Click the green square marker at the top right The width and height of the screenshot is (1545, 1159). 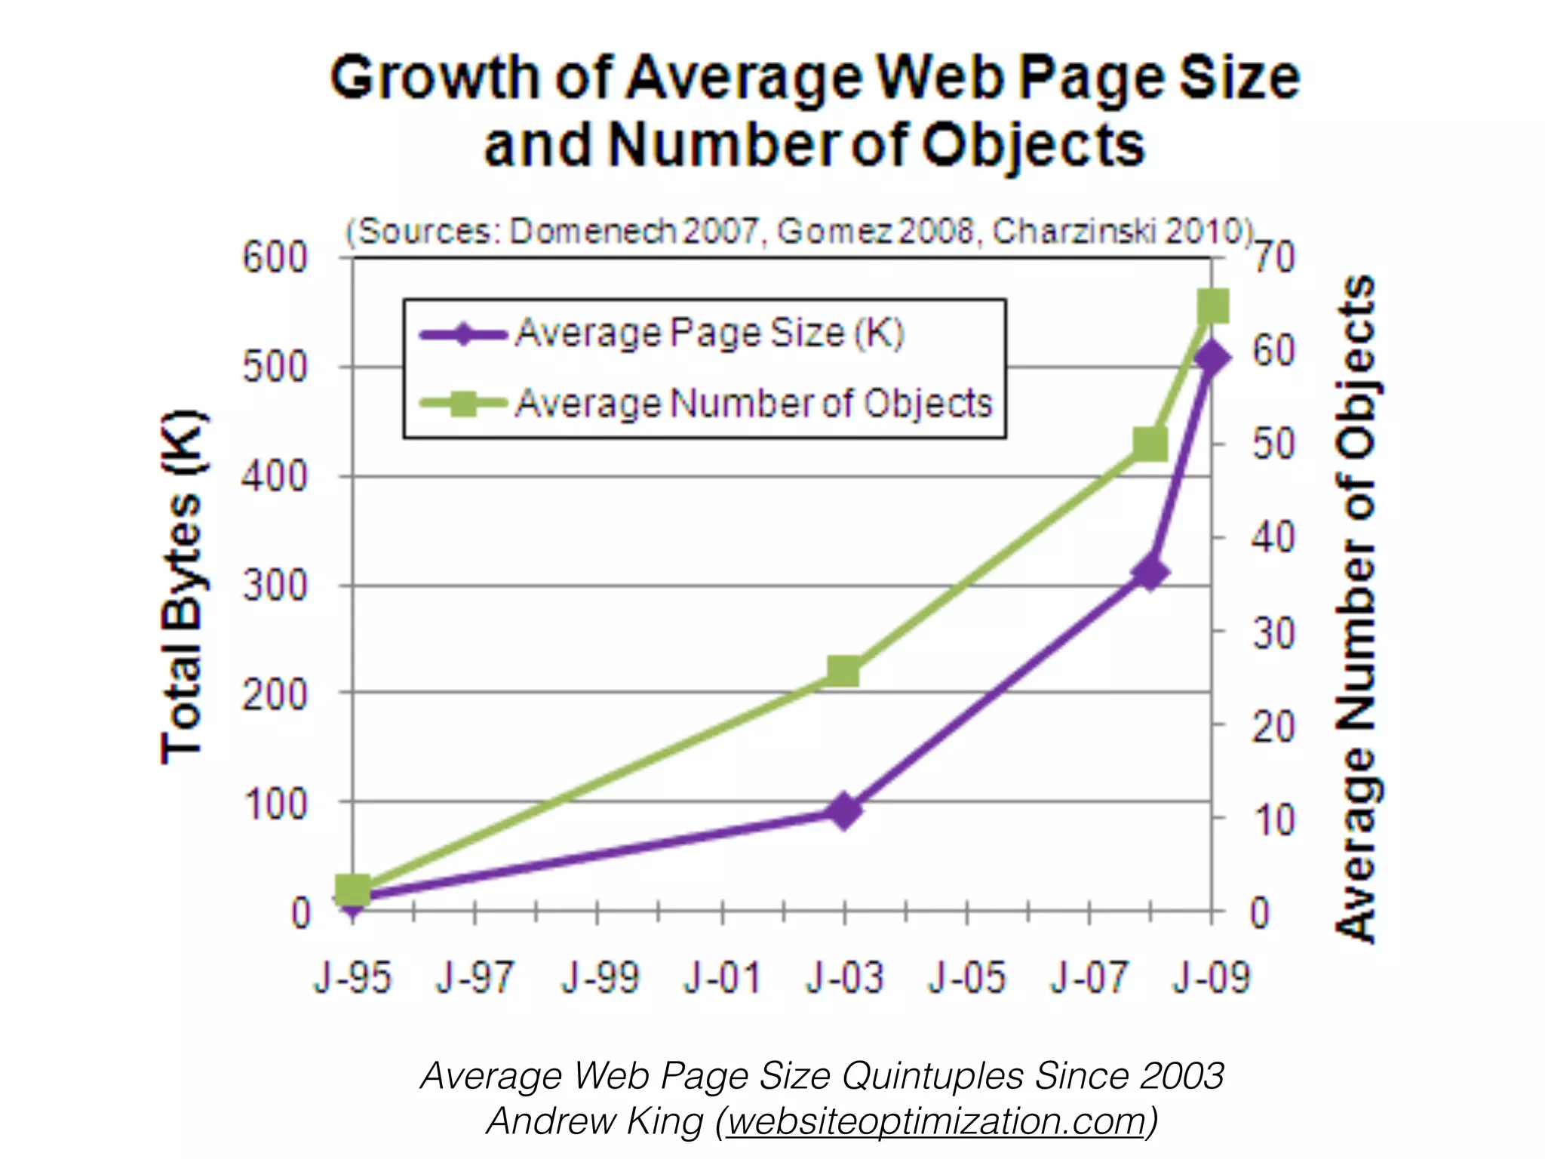coord(1214,307)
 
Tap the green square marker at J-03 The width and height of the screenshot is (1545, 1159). coord(844,670)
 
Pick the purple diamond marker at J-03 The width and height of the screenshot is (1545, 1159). coord(844,810)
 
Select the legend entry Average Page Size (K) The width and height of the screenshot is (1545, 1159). coord(709,334)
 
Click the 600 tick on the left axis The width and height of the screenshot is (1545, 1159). coord(275,258)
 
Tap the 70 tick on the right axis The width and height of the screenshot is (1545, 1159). coord(1275,258)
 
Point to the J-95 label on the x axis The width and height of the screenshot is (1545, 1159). coord(353,978)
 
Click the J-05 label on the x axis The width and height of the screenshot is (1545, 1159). coord(967,978)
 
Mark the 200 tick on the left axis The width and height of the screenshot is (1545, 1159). coord(275,695)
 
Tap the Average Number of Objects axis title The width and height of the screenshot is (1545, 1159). coord(1356,608)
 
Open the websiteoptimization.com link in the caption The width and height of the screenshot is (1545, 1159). coord(936,1121)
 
